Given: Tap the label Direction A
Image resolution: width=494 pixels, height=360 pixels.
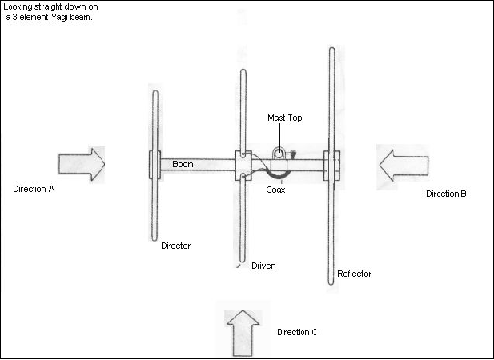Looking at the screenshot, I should [38, 190].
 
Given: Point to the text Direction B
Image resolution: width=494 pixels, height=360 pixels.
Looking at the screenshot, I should [447, 194].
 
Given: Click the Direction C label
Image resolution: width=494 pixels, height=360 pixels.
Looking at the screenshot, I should [298, 332].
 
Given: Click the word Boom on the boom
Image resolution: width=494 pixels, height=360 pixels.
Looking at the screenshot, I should [183, 164].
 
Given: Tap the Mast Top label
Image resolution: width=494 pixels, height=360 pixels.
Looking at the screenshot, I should [285, 118].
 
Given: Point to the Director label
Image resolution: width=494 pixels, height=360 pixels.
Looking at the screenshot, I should [175, 246].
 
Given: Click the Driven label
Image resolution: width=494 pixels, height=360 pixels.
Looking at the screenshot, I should [263, 266].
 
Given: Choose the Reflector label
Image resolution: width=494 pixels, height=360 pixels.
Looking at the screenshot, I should [354, 274].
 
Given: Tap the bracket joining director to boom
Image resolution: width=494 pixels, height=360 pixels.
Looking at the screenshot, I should [155, 164].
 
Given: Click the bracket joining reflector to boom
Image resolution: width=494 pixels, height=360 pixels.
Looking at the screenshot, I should [331, 165].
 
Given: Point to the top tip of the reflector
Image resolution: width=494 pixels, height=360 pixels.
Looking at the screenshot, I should [331, 50].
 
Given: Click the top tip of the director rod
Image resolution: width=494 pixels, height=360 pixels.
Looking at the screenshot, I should [155, 93].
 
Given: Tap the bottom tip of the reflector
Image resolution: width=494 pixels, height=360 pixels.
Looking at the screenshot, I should [331, 282].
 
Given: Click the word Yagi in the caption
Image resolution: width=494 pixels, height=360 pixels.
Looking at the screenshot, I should [62, 18].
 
